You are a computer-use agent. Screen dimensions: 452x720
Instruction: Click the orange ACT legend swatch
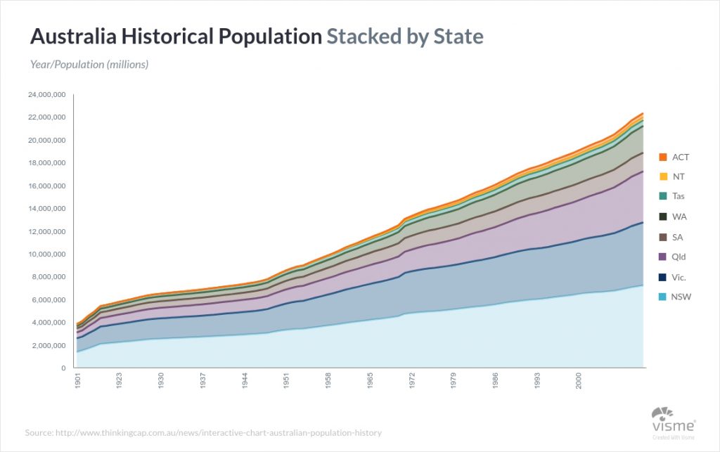[662, 157]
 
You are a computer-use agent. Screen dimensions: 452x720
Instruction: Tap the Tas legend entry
[679, 197]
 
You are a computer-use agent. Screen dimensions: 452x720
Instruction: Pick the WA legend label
[679, 217]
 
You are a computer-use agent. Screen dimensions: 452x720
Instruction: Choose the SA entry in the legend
[678, 237]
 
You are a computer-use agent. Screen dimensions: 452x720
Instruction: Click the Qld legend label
[679, 257]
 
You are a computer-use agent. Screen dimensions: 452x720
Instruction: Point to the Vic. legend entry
[679, 277]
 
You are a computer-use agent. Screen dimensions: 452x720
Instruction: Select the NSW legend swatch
[662, 297]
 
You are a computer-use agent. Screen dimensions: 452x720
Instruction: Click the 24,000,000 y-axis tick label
[46, 94]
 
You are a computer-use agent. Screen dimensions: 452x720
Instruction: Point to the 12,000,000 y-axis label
[46, 231]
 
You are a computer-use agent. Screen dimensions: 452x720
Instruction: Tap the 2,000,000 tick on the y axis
[49, 346]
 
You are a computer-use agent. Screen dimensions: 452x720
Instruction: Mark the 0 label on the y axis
[63, 368]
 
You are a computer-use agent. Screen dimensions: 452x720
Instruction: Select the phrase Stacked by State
[404, 37]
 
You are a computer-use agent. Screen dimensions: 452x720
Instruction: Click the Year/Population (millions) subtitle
[89, 65]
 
